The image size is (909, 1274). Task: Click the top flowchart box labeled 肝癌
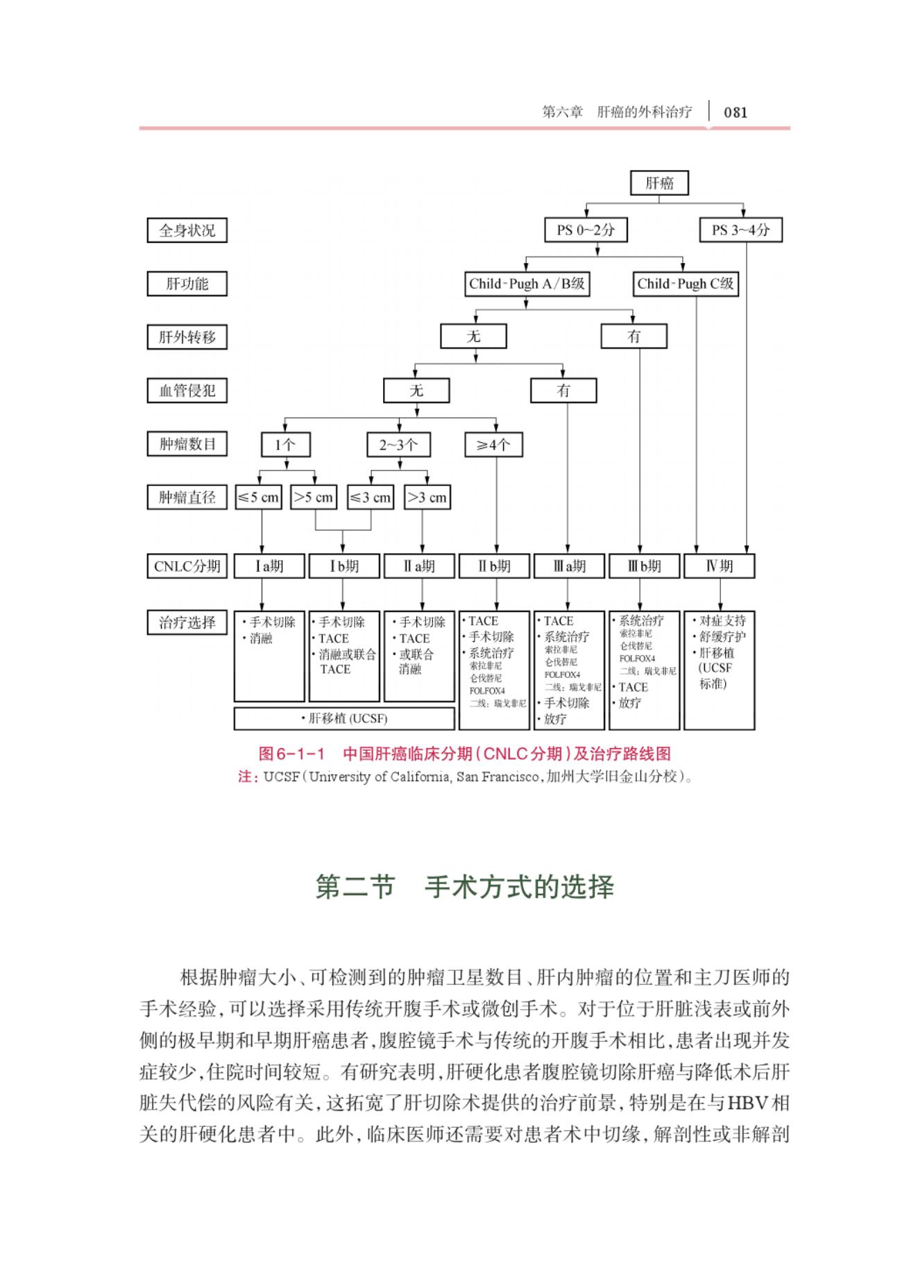[659, 183]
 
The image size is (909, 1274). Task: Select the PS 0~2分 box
[586, 230]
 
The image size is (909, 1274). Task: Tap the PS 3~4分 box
[740, 230]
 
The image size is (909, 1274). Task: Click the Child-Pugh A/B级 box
[527, 284]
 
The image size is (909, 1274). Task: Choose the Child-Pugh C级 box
[685, 284]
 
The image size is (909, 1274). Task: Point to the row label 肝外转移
[187, 337]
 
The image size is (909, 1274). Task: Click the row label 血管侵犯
[187, 391]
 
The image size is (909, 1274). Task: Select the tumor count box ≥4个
[493, 445]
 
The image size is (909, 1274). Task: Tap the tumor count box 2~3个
[398, 445]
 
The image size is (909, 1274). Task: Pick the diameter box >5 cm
[314, 498]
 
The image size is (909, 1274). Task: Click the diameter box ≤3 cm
[371, 498]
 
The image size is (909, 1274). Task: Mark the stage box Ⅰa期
[269, 566]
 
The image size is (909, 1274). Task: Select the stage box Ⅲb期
[644, 566]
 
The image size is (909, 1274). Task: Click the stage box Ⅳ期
[719, 566]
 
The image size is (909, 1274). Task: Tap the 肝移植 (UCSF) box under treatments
[344, 719]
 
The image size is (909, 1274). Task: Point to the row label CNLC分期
[187, 566]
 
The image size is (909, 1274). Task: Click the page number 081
[736, 112]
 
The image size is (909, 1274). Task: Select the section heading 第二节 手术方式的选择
[464, 887]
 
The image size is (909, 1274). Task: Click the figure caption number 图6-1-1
[291, 754]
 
